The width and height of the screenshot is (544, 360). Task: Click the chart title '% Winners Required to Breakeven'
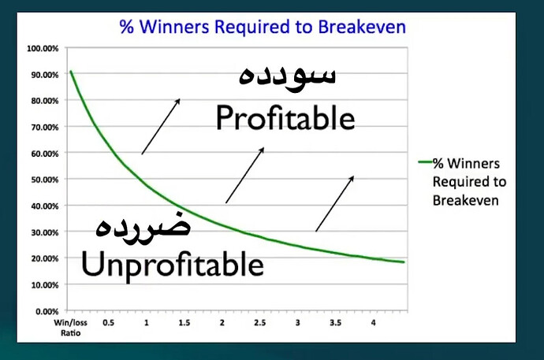(x=263, y=27)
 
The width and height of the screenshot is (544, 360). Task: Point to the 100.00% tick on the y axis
(x=43, y=48)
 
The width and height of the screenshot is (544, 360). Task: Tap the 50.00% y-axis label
(x=45, y=180)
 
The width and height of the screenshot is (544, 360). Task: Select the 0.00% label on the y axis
(x=47, y=311)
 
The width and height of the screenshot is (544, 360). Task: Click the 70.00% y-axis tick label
(x=45, y=127)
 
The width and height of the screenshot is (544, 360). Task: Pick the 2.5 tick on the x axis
(x=260, y=322)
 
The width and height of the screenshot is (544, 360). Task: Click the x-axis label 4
(x=373, y=322)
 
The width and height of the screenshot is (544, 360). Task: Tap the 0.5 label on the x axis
(x=108, y=322)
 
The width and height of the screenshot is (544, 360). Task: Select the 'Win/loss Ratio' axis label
(x=70, y=328)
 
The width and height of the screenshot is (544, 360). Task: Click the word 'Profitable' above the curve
(x=285, y=118)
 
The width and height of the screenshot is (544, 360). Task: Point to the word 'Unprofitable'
(x=173, y=265)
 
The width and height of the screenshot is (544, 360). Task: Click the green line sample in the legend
(x=426, y=161)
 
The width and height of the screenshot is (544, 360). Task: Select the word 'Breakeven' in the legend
(x=466, y=200)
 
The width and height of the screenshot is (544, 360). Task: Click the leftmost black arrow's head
(x=177, y=101)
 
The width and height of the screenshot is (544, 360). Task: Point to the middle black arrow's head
(x=262, y=150)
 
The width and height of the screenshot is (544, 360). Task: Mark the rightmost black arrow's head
(x=352, y=179)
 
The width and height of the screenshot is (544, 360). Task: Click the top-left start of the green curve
(x=71, y=72)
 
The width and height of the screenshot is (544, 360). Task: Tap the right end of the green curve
(x=404, y=262)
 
